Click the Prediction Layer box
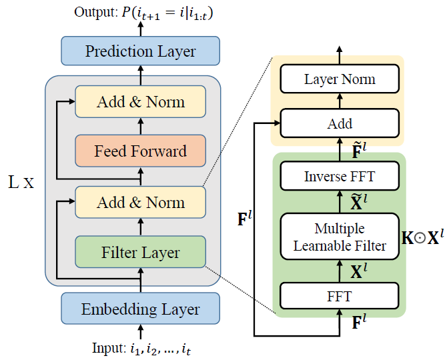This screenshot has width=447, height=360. (x=140, y=51)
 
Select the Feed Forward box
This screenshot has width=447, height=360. (x=140, y=151)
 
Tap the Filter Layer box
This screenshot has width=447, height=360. (x=140, y=253)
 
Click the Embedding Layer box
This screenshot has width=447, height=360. (x=140, y=309)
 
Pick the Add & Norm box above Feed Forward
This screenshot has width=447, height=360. (x=140, y=102)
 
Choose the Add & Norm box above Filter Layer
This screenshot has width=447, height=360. (x=140, y=202)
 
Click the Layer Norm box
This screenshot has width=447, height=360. (x=340, y=79)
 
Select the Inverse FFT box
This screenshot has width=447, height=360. (x=340, y=177)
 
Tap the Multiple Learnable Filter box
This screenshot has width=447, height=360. (x=340, y=237)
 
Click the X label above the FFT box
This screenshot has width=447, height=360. (x=359, y=271)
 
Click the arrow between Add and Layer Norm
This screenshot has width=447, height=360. (x=340, y=101)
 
